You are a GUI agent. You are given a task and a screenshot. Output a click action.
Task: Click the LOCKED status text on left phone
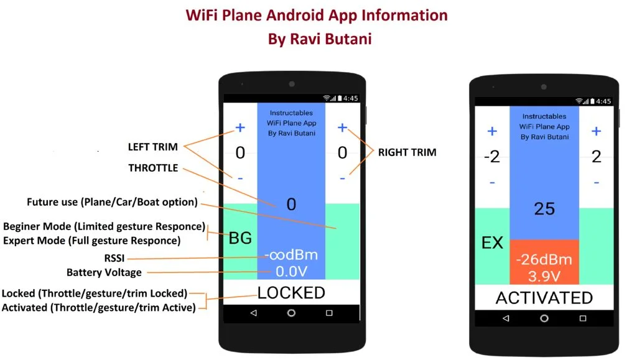click(x=291, y=293)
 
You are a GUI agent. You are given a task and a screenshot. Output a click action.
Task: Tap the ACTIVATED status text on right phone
click(x=544, y=298)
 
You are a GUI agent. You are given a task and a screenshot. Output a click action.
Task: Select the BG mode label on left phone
click(x=240, y=238)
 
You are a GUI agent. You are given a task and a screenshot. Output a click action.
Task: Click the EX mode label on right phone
click(x=492, y=242)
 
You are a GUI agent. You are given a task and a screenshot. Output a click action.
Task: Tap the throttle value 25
click(x=544, y=209)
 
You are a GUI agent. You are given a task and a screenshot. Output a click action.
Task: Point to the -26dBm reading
click(x=544, y=259)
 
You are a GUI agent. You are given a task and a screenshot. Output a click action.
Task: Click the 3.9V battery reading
click(x=544, y=275)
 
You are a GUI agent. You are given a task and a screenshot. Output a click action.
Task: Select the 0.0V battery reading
click(x=291, y=272)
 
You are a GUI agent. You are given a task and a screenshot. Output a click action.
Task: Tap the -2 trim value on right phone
click(x=491, y=157)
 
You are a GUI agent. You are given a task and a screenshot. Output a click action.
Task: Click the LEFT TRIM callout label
click(x=152, y=147)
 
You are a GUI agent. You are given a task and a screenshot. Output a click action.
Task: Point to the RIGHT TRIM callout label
click(x=407, y=152)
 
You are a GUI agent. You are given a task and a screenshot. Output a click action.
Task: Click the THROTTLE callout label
click(x=153, y=168)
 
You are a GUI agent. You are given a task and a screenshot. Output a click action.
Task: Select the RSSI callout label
click(x=113, y=258)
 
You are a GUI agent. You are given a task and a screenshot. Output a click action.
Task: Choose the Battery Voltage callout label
click(x=104, y=272)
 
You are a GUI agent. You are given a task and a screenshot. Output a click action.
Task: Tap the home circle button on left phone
click(x=291, y=313)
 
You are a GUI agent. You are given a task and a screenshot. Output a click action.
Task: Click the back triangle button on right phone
click(x=505, y=318)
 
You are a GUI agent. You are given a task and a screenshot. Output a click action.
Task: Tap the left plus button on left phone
click(x=240, y=128)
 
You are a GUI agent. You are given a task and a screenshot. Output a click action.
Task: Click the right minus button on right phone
click(x=596, y=183)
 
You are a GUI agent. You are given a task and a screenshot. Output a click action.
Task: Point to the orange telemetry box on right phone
click(x=544, y=262)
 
